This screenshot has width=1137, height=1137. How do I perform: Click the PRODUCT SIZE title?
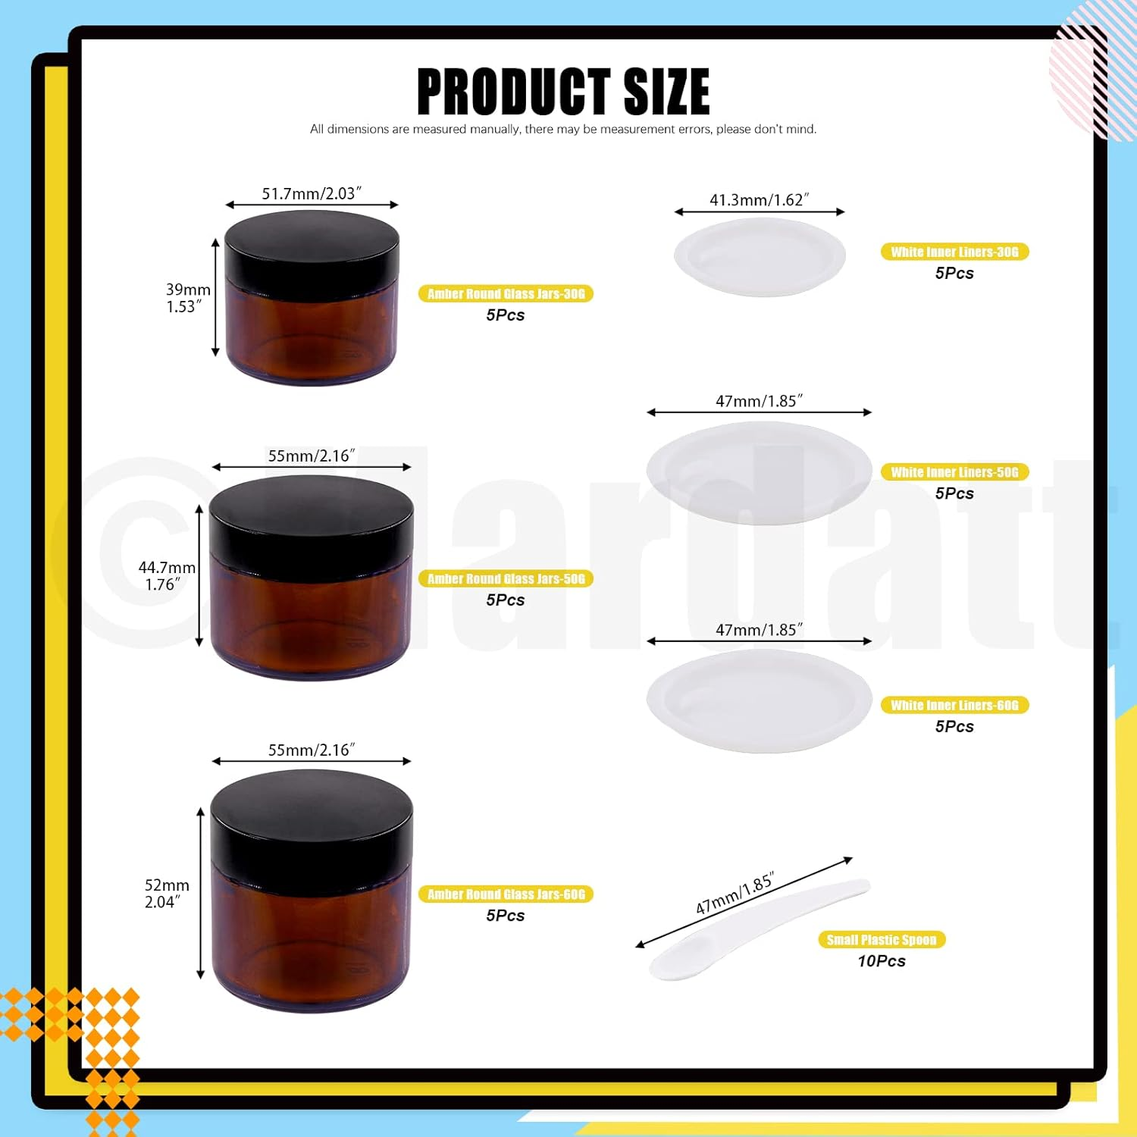[x=563, y=92]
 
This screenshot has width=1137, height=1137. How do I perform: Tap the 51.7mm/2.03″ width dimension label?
[x=312, y=194]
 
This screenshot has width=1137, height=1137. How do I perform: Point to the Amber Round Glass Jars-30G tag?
[x=506, y=294]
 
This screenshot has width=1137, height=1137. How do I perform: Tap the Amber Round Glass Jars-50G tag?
[x=506, y=579]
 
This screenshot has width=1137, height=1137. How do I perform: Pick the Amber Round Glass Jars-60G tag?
[x=506, y=894]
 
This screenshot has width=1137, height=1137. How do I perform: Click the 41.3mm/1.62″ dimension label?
[x=759, y=200]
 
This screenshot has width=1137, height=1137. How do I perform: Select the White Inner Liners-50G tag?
[x=954, y=472]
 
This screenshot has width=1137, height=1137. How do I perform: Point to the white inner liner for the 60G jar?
[x=759, y=701]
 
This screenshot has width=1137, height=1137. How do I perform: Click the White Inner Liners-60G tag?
[x=954, y=706]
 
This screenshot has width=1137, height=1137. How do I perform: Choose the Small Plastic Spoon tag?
[x=882, y=940]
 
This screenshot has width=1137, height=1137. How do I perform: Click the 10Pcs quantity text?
[x=882, y=961]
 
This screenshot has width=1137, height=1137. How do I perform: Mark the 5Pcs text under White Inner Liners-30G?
[x=954, y=274]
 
